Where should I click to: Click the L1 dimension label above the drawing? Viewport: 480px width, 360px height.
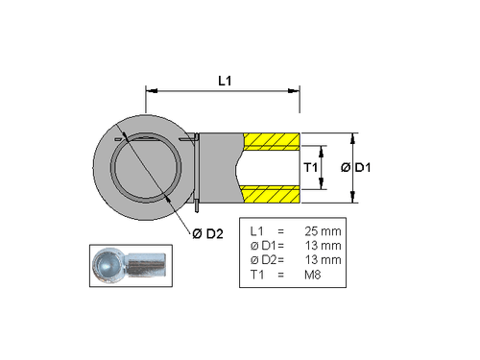tap(223, 82)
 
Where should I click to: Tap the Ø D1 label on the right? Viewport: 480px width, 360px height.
tap(357, 168)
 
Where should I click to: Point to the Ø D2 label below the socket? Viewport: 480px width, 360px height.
tap(206, 233)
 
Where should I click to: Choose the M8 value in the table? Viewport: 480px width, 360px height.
tap(313, 276)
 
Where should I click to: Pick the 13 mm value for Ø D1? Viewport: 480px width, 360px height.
tap(322, 247)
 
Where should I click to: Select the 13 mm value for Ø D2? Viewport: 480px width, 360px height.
tap(322, 261)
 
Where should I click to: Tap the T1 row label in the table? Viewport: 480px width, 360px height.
tap(256, 276)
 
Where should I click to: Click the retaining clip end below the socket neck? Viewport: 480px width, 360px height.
tap(196, 204)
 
